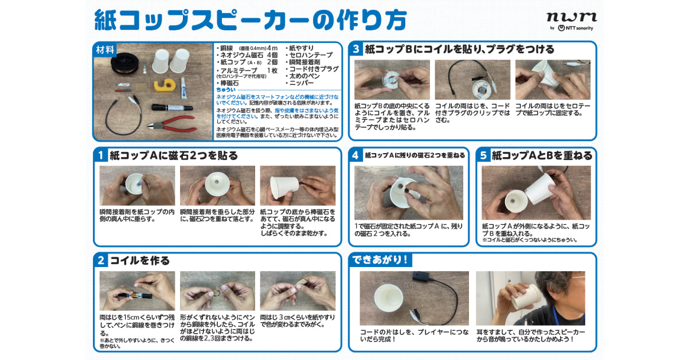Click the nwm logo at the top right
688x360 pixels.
point(571,17)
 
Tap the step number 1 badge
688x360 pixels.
point(100,155)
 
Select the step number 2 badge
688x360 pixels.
point(100,260)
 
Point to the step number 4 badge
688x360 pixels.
point(355,155)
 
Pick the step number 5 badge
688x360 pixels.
point(483,155)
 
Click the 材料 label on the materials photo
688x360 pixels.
point(105,49)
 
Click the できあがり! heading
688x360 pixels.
point(381,260)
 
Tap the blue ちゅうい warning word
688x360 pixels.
point(225,91)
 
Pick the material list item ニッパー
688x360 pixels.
point(304,83)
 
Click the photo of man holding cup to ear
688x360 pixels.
point(530,298)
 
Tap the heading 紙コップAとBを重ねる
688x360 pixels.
point(542,155)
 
